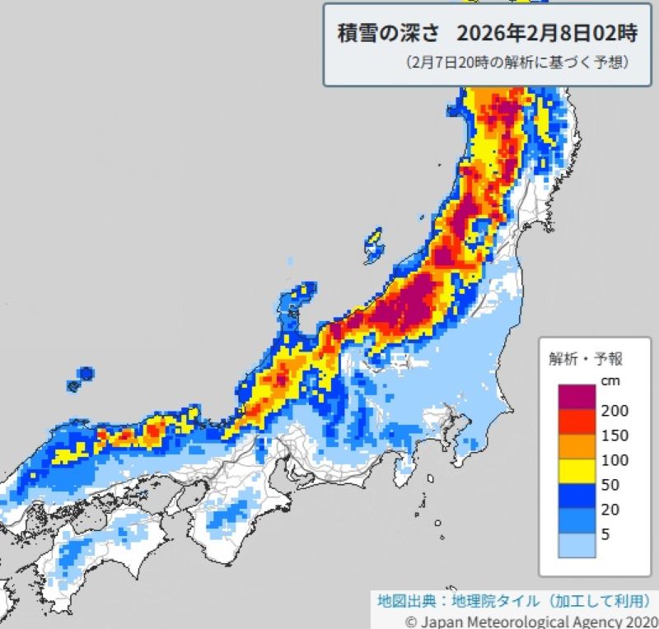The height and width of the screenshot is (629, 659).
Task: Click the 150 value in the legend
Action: pos(613,436)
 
